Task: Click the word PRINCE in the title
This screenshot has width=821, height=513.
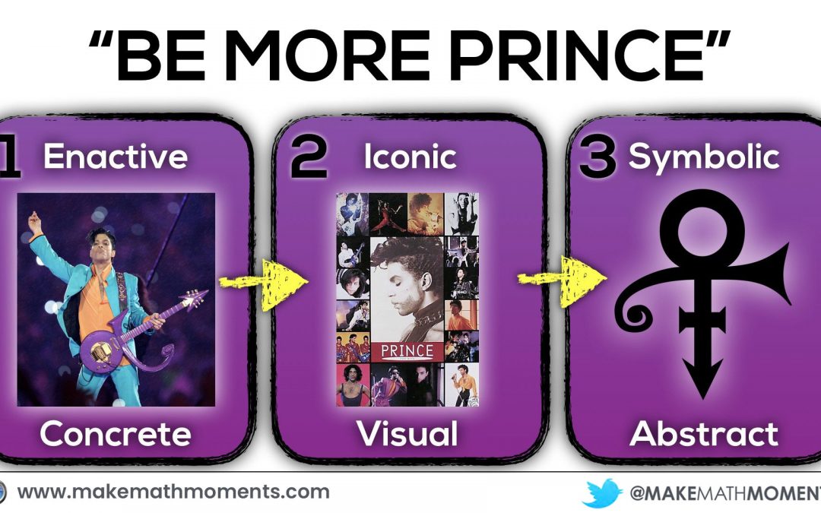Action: click(x=578, y=56)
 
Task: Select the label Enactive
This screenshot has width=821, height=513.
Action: click(x=116, y=156)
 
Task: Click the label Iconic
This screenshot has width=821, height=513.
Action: click(x=410, y=156)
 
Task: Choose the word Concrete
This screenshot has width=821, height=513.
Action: click(x=116, y=434)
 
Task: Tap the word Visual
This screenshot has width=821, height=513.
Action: click(x=407, y=433)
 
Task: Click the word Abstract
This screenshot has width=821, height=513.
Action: click(x=704, y=433)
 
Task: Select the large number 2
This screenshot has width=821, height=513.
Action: click(x=309, y=158)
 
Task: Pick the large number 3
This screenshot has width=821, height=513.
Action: click(x=598, y=158)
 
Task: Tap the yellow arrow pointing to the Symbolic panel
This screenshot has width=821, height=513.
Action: click(x=563, y=280)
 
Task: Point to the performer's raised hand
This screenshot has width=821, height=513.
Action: click(x=34, y=222)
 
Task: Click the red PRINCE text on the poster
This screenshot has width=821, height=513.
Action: click(x=407, y=350)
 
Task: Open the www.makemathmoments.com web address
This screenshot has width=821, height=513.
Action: click(x=173, y=492)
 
